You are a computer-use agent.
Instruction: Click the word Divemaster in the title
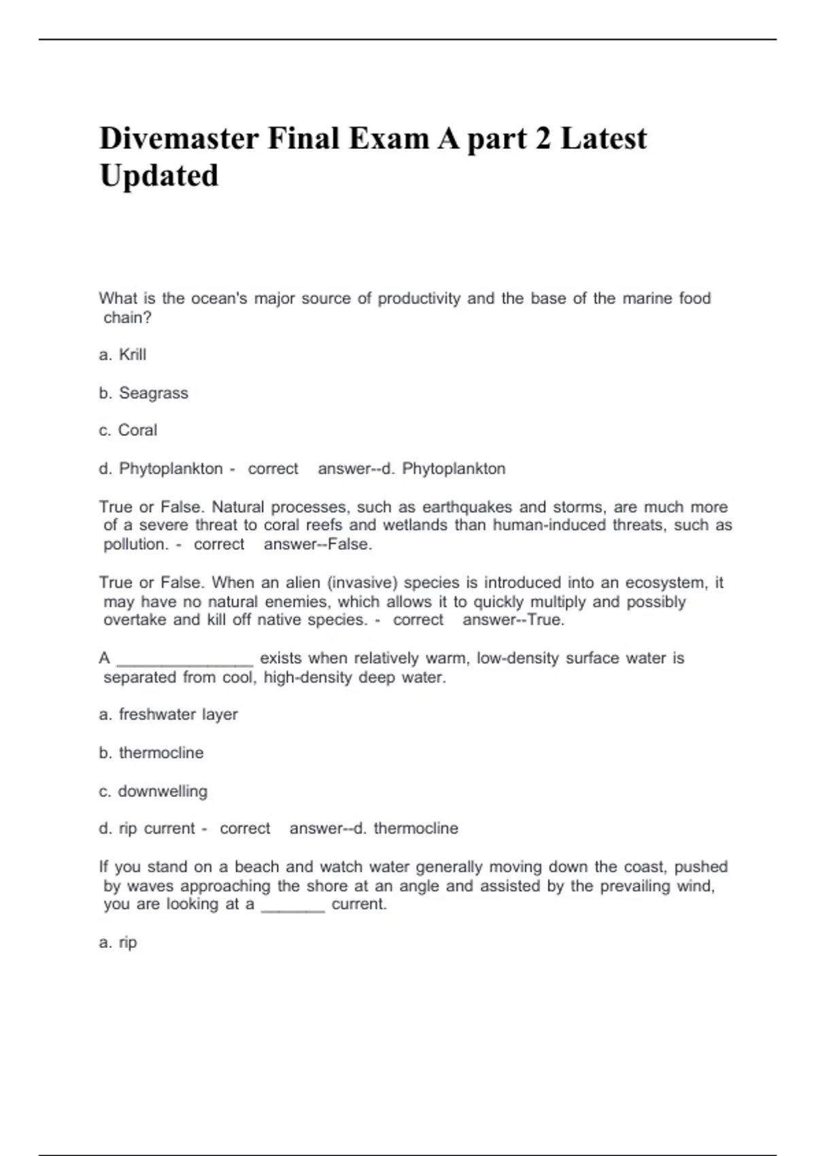[x=179, y=139]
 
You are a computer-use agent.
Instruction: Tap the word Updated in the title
[x=159, y=175]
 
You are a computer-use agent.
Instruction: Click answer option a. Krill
[x=122, y=355]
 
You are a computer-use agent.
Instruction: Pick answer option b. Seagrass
[x=143, y=393]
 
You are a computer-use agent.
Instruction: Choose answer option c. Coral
[x=128, y=430]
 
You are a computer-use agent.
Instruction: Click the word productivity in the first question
[x=419, y=299]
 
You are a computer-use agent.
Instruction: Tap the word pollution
[x=135, y=545]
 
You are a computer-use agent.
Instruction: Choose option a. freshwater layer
[x=168, y=715]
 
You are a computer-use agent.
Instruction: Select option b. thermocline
[x=151, y=753]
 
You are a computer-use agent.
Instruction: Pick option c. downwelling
[x=153, y=792]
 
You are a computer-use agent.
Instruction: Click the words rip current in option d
[x=156, y=829]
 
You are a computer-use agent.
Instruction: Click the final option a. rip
[x=118, y=942]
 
